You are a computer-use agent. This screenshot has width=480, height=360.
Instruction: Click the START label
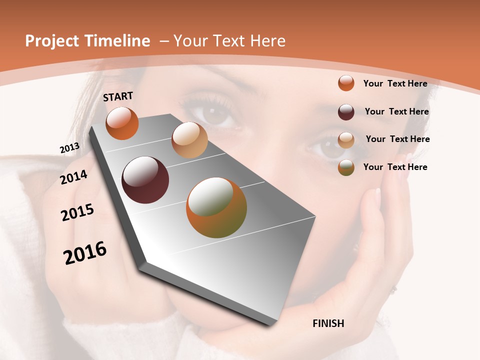point(118,96)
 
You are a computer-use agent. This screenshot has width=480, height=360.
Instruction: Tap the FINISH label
point(328,323)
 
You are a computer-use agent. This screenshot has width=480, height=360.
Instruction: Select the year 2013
point(69,148)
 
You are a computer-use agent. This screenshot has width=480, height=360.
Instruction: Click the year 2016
point(85,253)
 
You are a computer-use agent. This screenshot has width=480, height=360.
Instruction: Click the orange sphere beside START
point(122,123)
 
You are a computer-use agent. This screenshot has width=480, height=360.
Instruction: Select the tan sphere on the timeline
point(189,140)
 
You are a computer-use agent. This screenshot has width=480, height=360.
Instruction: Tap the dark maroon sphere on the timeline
point(145,180)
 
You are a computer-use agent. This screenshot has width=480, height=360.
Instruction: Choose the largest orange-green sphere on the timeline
point(216,207)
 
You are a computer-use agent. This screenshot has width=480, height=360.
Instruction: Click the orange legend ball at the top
point(346,83)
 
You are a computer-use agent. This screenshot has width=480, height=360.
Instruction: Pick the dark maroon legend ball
point(346,112)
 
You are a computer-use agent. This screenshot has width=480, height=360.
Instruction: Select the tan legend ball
point(346,140)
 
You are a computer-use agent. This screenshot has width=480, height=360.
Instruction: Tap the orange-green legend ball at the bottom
point(346,167)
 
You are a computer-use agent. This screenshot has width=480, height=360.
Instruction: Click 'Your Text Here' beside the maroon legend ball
point(396,111)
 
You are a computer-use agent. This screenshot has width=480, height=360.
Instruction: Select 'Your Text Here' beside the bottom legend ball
point(395,167)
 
